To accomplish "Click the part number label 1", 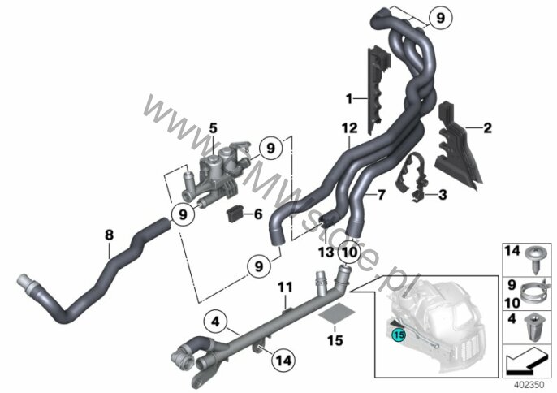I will [349, 99].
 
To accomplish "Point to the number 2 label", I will [487, 127].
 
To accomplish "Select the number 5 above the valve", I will [213, 127].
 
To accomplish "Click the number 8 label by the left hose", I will [110, 235].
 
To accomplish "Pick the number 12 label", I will [348, 129].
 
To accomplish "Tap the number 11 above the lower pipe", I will [284, 287].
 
